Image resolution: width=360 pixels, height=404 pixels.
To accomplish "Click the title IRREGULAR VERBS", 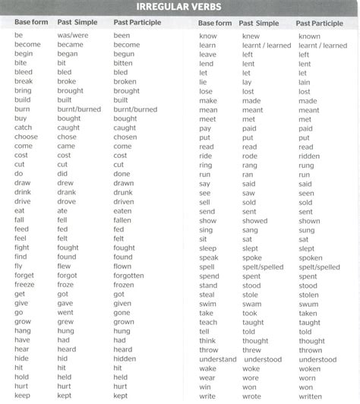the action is point(180,7).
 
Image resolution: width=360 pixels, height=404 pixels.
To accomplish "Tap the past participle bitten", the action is point(124,63).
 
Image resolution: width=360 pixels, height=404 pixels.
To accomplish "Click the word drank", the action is point(67,192).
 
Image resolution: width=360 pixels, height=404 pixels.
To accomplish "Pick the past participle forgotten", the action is point(130,276).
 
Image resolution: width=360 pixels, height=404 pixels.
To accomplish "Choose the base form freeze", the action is point(24,285).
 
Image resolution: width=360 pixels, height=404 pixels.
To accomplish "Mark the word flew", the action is point(64,266).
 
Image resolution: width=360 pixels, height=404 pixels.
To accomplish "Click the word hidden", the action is point(125,358).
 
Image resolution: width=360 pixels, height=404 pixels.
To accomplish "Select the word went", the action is point(65,312).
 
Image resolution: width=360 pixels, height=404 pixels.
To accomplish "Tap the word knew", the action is point(251,36).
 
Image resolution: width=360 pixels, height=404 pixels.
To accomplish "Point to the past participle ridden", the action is point(309,156).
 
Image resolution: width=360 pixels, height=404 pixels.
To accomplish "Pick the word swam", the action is point(253,303).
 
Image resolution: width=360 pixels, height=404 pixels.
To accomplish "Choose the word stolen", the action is point(308,294).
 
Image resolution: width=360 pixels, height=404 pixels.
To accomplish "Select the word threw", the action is point(251,349).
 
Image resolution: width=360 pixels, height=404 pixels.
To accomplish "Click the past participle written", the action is point(310,395).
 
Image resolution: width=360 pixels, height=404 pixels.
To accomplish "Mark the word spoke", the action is point(252,257).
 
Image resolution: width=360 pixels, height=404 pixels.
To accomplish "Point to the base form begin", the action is point(24,54).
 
